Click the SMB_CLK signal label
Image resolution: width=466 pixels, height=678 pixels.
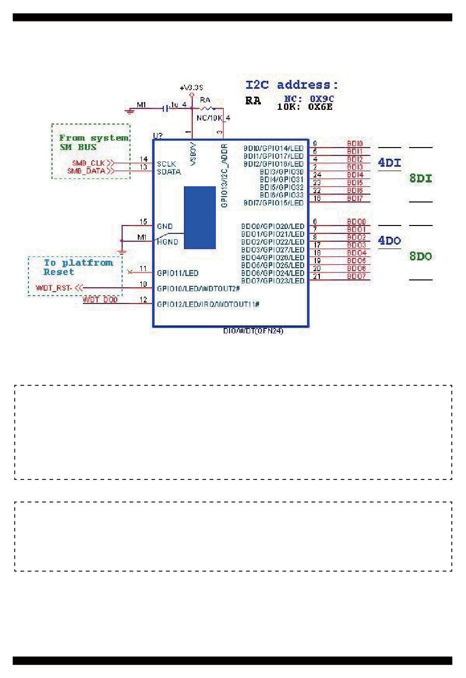[89, 163]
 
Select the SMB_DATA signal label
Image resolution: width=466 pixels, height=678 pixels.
[86, 171]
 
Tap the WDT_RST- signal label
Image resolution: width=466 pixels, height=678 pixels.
[54, 288]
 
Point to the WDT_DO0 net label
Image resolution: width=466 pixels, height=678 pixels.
[100, 300]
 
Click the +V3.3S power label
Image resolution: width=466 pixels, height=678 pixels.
[191, 88]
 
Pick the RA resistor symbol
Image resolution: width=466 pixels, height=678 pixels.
[207, 108]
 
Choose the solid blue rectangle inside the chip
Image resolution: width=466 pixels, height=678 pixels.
[200, 218]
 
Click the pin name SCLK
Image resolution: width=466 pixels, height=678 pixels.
[166, 164]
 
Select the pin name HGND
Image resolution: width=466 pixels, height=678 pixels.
[168, 242]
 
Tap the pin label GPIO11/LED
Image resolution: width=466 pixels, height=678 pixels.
[178, 273]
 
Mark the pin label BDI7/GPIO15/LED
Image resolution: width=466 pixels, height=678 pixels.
[273, 203]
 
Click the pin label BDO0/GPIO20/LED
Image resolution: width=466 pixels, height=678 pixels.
[273, 226]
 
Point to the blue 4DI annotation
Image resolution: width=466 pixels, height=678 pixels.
[389, 163]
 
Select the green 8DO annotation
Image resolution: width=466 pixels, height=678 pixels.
[421, 256]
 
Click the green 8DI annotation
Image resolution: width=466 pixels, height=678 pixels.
[421, 178]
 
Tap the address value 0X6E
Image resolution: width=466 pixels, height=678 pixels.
[321, 107]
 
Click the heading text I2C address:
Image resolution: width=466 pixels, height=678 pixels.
[292, 85]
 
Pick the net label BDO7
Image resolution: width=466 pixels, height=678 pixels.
[356, 276]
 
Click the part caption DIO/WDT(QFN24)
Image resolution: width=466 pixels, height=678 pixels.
[253, 331]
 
